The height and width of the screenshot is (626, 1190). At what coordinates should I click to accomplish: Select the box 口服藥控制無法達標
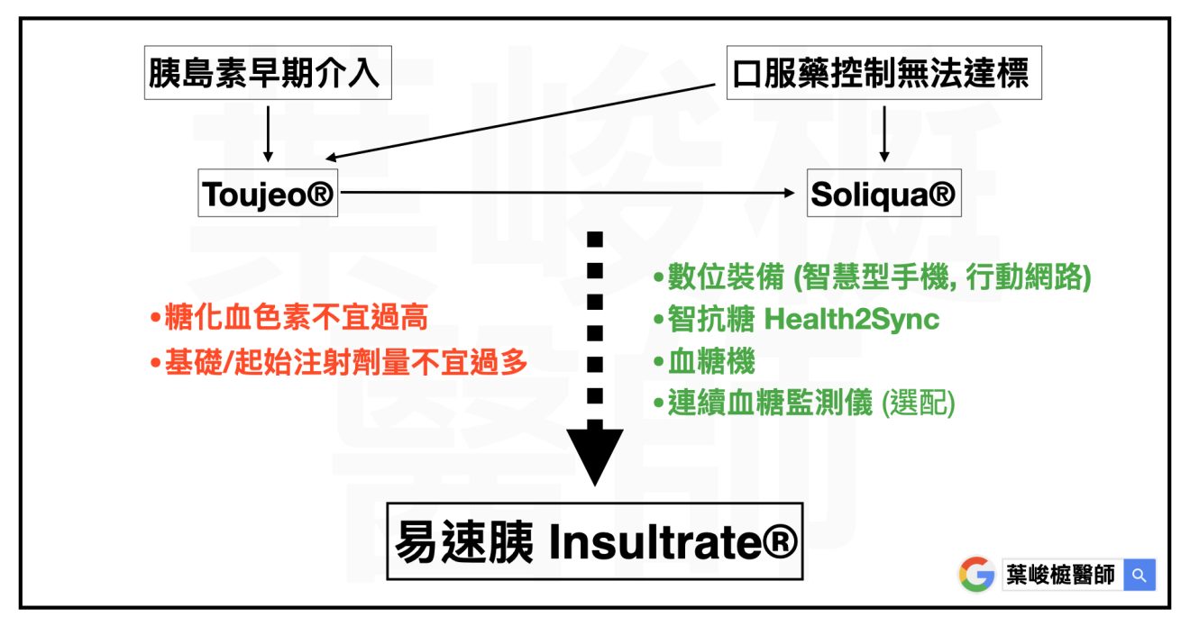[883, 72]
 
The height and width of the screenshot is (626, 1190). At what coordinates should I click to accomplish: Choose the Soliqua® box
[883, 194]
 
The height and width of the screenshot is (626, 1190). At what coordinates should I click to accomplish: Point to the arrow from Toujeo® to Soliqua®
[568, 192]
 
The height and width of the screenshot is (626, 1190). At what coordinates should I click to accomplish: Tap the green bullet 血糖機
[705, 362]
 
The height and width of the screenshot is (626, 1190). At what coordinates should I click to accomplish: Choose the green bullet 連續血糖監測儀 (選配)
[804, 404]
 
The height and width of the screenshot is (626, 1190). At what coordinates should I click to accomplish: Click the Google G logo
[976, 574]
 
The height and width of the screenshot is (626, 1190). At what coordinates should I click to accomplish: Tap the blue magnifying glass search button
[1140, 575]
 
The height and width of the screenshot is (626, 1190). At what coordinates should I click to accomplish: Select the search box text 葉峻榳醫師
[1061, 575]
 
